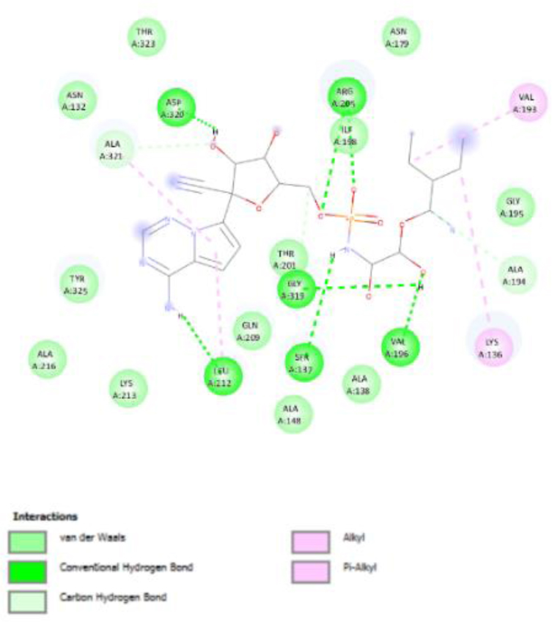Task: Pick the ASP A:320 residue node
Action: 177,106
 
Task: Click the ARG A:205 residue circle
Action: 344,96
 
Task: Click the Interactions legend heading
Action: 45,518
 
